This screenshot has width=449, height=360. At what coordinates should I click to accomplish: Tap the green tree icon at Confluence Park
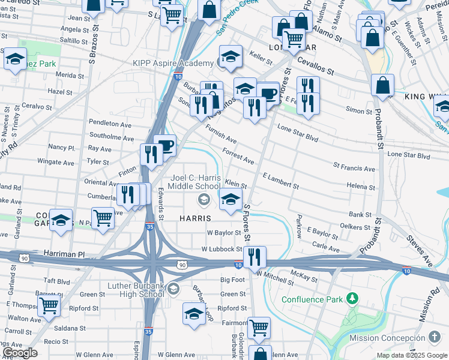pos(354,298)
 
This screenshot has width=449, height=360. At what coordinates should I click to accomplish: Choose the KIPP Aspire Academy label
pos(174,63)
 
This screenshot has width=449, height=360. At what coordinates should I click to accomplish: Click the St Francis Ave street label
pos(354,169)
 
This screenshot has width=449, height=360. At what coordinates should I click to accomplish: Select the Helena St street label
pos(361,187)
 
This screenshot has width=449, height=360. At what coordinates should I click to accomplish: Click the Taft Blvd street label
pos(57,281)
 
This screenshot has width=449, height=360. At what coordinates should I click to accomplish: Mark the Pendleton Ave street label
pos(110,123)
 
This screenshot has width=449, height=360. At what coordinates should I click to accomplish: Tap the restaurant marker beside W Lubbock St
pos(255,257)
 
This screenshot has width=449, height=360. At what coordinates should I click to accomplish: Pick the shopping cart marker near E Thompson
pos(49,305)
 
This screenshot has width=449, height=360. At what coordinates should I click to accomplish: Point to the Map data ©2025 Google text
pos(411,355)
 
